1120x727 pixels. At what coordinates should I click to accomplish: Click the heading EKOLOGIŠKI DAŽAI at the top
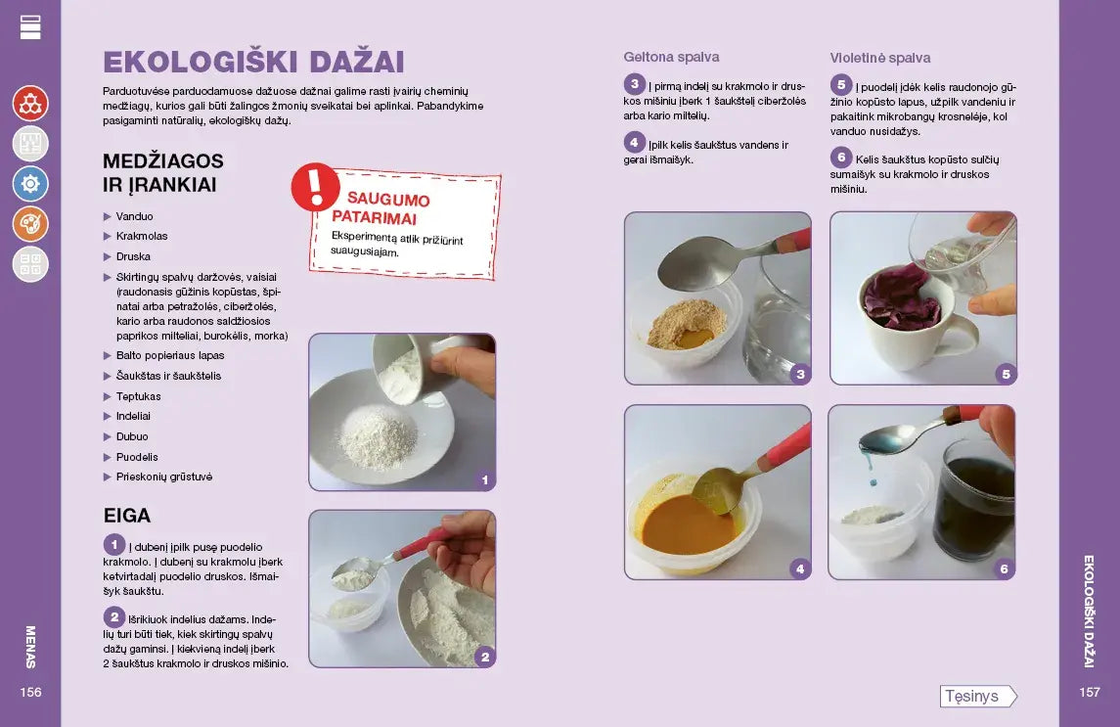coord(253,62)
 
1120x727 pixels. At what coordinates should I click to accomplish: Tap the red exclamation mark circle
coord(315,187)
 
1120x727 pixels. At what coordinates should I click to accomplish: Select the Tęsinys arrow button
coord(978,696)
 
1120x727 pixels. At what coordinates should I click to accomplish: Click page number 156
coord(30,692)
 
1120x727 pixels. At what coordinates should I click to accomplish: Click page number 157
coord(1090,692)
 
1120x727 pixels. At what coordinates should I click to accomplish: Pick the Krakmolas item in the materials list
coord(142,236)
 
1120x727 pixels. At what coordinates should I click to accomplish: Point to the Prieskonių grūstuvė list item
coord(163,477)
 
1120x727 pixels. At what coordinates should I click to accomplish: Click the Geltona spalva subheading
coord(671,57)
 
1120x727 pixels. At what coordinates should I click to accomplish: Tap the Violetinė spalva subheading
coord(880,58)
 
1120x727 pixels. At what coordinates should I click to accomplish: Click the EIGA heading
coord(127,516)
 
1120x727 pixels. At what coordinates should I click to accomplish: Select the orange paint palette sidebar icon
coord(30,224)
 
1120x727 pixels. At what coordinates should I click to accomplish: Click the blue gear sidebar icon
coord(30,184)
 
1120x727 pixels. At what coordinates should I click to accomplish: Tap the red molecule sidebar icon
coord(30,103)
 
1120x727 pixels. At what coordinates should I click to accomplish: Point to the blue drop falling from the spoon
coord(874,484)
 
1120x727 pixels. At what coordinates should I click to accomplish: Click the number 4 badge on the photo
coord(800,569)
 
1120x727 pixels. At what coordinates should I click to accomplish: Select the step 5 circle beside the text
coord(841,85)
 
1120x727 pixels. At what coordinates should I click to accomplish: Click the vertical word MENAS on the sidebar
coord(30,647)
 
